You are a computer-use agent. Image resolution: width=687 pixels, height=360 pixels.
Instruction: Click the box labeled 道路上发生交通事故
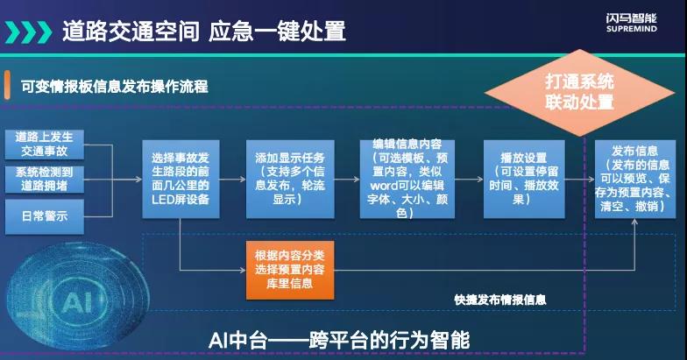(x=44, y=144)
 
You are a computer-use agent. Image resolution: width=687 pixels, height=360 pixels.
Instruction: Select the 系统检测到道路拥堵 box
(x=44, y=179)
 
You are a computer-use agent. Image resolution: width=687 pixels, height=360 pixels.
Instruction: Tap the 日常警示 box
(x=44, y=216)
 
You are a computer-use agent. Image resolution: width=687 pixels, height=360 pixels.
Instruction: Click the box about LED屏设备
(x=181, y=179)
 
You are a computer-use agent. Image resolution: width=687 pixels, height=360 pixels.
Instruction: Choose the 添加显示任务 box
(x=290, y=179)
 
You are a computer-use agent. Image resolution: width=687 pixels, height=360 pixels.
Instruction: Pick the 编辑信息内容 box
(x=407, y=179)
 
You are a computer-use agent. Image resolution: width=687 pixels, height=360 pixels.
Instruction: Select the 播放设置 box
(x=524, y=179)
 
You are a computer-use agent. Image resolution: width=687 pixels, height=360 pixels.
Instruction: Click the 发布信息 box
(x=634, y=179)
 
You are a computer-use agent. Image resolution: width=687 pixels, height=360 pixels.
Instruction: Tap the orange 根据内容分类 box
(x=290, y=270)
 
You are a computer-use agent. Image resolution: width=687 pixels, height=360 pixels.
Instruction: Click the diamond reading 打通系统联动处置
(x=579, y=93)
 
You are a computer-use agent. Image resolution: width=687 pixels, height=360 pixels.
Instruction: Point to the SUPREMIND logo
(x=631, y=23)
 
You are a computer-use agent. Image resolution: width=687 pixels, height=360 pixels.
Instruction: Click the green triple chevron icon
(x=28, y=32)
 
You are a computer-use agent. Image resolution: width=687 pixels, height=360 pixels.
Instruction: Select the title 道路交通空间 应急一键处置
(x=203, y=32)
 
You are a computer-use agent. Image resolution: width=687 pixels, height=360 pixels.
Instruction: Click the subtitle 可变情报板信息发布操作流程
(x=114, y=86)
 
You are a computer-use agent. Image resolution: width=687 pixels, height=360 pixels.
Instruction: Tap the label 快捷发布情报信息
(x=499, y=300)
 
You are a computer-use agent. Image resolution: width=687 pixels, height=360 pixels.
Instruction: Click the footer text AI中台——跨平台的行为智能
(x=339, y=340)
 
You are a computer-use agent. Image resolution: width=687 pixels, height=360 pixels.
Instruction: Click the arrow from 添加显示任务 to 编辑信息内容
(x=347, y=179)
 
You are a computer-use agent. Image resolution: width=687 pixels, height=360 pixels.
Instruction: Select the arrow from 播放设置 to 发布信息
(x=580, y=179)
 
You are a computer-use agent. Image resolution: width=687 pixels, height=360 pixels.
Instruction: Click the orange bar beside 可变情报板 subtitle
(x=7, y=85)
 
